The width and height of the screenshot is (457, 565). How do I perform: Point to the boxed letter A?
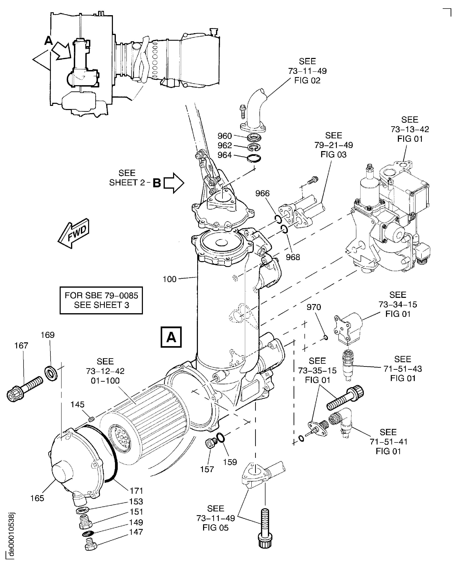[x=171, y=337]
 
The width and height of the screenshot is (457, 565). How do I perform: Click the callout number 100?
[x=169, y=279]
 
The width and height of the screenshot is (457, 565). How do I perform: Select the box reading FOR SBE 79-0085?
[x=101, y=300]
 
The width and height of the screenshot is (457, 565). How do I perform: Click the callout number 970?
[x=314, y=307]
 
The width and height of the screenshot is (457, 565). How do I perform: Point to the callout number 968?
[x=293, y=257]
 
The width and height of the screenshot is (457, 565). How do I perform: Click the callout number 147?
[x=136, y=532]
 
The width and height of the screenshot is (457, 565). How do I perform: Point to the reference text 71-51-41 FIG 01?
[x=388, y=442]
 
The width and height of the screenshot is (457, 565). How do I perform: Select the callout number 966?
[x=262, y=194]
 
